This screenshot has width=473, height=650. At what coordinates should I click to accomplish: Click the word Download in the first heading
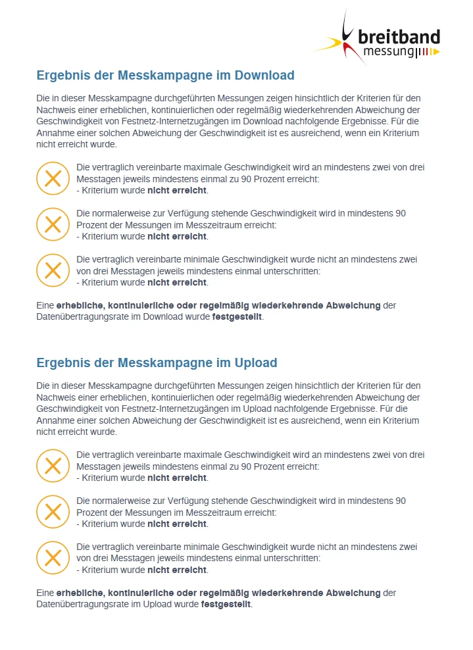[x=264, y=75]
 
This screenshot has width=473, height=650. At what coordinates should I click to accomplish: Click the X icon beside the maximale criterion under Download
[x=53, y=178]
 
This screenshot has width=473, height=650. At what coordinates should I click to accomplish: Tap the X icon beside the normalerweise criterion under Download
[x=53, y=224]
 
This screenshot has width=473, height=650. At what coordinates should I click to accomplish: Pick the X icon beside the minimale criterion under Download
[x=53, y=270]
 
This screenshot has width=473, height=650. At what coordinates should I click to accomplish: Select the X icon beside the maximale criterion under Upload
[x=53, y=466]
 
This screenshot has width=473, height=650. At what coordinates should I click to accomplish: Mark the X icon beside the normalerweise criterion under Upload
[x=53, y=512]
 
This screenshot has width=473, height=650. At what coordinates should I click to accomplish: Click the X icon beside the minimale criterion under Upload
[x=53, y=558]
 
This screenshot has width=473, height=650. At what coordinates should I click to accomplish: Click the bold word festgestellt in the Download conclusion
[x=237, y=317]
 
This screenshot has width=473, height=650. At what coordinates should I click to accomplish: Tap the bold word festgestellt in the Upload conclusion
[x=226, y=604]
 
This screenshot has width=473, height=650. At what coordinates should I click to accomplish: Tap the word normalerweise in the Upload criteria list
[x=124, y=501]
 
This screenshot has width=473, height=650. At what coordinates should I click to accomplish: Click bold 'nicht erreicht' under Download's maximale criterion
[x=176, y=191]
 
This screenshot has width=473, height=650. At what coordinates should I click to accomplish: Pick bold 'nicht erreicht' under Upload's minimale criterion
[x=176, y=570]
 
